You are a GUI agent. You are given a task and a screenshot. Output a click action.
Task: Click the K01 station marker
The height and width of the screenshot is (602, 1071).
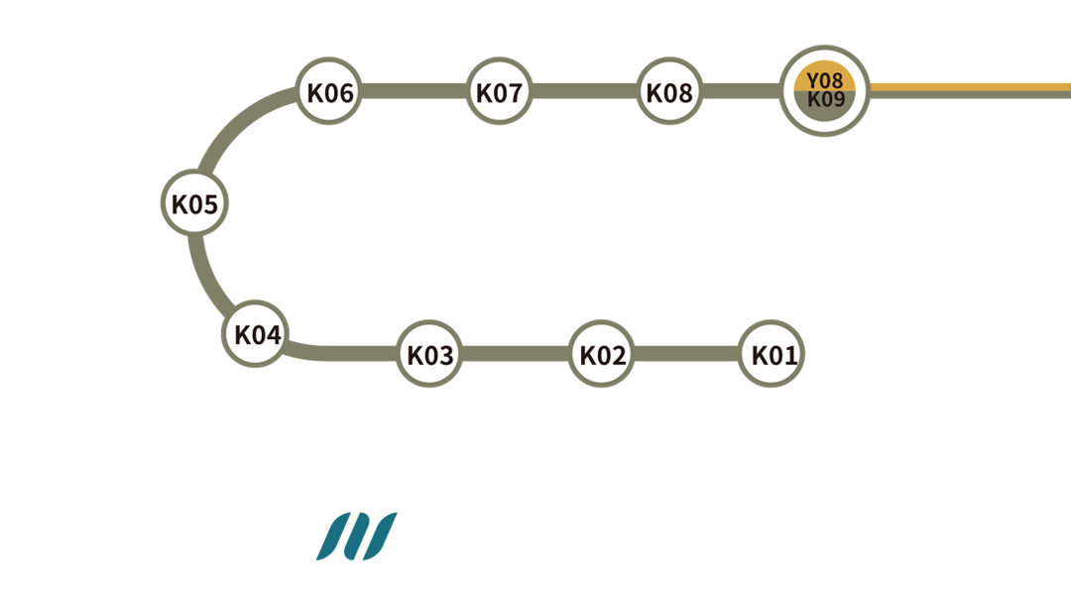point(775,354)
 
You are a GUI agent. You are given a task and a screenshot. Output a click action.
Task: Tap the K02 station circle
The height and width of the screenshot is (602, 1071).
point(603,354)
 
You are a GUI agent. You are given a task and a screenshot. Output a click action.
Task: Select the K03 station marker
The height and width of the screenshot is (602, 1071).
point(430,354)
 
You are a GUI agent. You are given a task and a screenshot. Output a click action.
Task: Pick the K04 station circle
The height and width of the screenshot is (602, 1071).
point(258,334)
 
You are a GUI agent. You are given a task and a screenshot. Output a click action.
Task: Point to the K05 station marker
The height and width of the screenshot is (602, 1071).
point(194,204)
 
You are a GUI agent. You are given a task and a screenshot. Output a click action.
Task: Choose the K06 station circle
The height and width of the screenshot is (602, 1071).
point(330,93)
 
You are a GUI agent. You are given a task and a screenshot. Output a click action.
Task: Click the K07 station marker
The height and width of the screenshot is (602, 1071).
point(499,93)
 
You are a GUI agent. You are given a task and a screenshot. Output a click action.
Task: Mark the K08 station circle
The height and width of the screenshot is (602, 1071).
point(669,93)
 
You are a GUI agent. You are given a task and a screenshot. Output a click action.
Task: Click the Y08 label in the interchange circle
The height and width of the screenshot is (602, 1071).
point(825,79)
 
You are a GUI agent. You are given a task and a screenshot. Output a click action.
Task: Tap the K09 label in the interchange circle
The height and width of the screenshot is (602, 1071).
point(825,99)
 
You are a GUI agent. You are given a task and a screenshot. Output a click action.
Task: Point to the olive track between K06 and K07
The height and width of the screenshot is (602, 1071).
point(415,93)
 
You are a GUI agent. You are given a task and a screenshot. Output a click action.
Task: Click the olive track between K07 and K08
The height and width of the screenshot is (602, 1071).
point(584,93)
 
